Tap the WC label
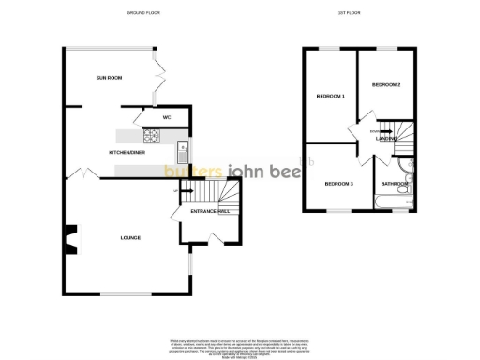(167, 117)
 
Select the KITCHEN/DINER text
(126, 151)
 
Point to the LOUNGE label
(130, 237)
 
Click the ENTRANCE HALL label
(210, 212)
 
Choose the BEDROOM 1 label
(330, 97)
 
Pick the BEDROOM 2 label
(386, 85)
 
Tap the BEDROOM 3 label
(338, 184)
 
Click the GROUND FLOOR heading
(144, 13)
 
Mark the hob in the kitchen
(150, 135)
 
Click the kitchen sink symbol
(184, 149)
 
